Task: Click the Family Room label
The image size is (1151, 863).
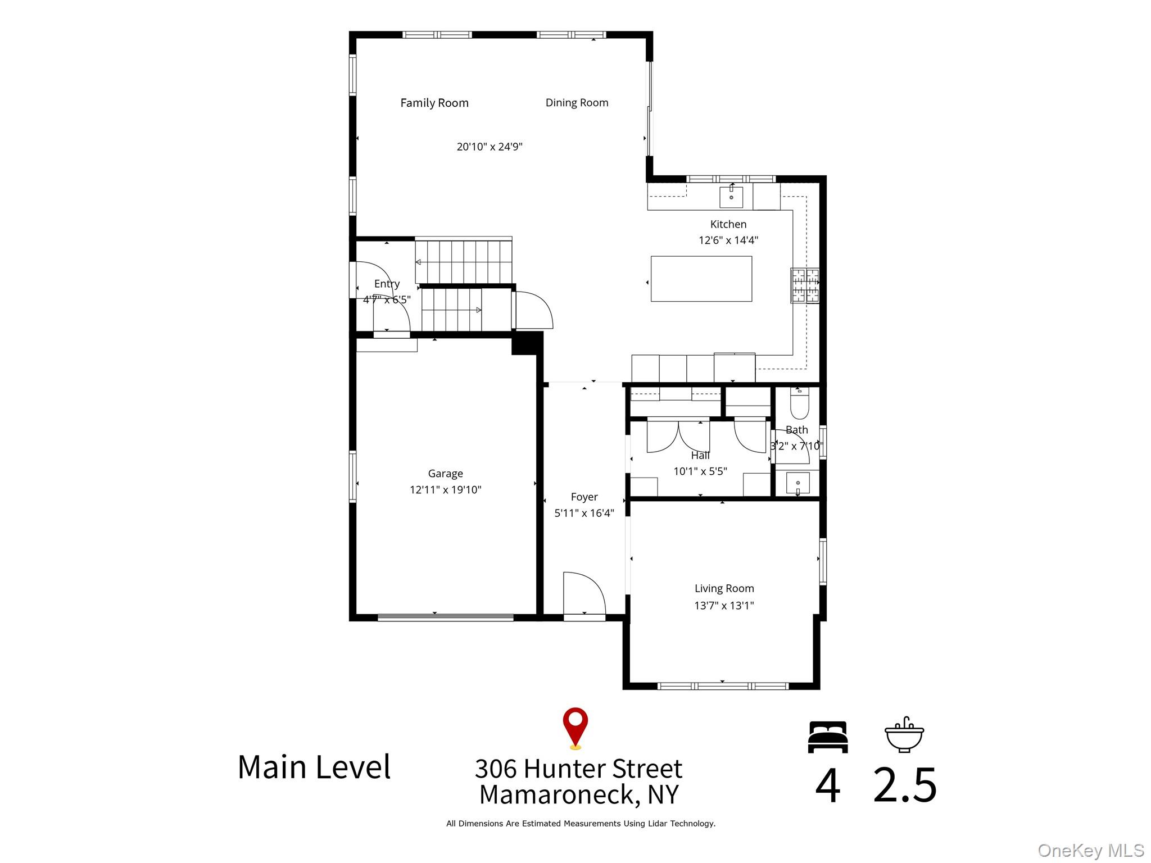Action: pos(434,103)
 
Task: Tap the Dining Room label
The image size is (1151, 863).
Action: pos(577,103)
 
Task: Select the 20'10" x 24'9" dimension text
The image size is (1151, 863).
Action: pos(490,147)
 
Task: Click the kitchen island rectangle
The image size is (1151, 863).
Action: pos(701,279)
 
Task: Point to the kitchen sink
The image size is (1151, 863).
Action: pos(731,197)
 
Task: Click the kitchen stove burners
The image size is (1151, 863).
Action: pos(805,285)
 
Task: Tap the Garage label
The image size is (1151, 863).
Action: pos(445,474)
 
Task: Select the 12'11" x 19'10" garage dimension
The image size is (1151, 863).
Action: pos(445,490)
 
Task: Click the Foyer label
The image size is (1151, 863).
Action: pos(584,497)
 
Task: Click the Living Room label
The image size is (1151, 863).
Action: pos(724,588)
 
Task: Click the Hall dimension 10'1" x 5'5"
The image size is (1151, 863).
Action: pos(700,471)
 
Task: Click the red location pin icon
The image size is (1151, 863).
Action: pos(575,728)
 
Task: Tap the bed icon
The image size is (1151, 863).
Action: pos(827,737)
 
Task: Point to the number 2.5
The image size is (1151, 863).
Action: pos(904,784)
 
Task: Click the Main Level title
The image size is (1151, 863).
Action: pos(314,767)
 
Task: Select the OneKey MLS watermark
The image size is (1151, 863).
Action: pos(1090,851)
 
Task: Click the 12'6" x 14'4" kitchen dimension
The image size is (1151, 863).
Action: pos(728,240)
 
